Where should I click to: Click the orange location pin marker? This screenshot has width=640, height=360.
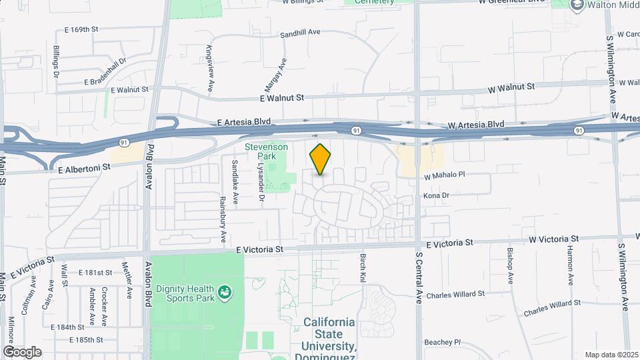[321, 159]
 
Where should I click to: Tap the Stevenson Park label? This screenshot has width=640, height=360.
[266, 151]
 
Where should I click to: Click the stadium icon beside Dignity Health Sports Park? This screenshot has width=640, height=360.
[226, 291]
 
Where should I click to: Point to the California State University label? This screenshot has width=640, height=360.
[329, 334]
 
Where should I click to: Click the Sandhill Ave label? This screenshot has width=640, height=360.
[301, 32]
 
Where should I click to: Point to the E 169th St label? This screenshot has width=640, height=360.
[81, 30]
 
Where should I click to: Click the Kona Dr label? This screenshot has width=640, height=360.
[437, 196]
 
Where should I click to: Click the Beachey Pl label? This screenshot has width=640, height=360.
[443, 342]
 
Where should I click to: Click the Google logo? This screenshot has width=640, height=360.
[22, 351]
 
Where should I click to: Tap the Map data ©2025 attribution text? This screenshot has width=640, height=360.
[611, 355]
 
